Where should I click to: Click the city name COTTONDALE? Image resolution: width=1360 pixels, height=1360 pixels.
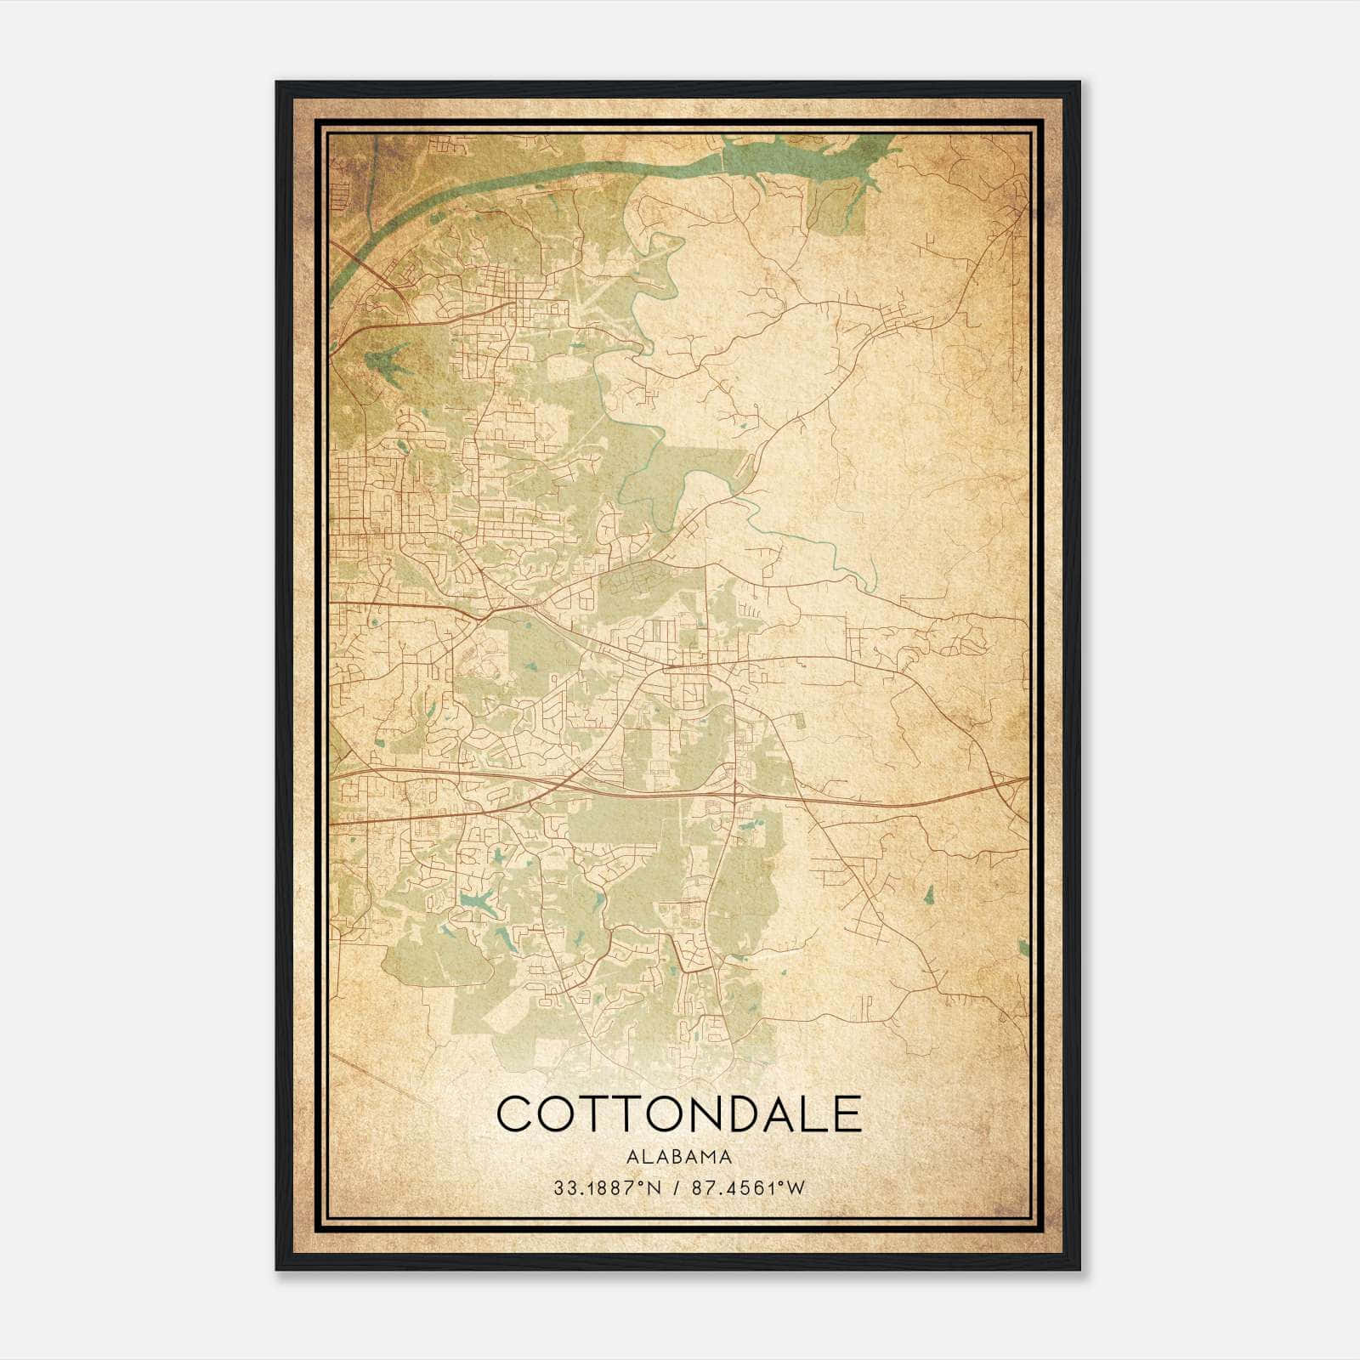pyautogui.click(x=679, y=1114)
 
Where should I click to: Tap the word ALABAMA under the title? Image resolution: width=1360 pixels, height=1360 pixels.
pyautogui.click(x=679, y=1156)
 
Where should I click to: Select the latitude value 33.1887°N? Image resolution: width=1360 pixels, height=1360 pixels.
pyautogui.click(x=602, y=1188)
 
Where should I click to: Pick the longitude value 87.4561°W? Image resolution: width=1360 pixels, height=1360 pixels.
pyautogui.click(x=749, y=1188)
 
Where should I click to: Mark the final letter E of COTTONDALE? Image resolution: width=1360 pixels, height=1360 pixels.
pyautogui.click(x=847, y=1114)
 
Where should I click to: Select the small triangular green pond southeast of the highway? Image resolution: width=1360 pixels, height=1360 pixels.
pyautogui.click(x=929, y=893)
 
